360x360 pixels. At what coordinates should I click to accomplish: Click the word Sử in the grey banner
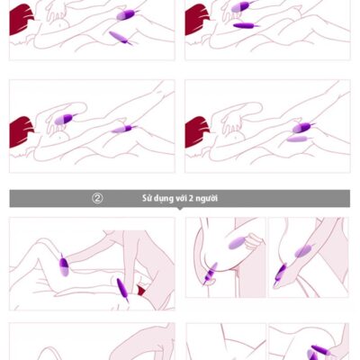pyautogui.click(x=148, y=198)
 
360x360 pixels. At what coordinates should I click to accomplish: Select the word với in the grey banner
pyautogui.click(x=181, y=198)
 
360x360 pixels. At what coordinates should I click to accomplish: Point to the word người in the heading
pyautogui.click(x=206, y=199)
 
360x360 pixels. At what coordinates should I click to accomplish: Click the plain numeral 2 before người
pyautogui.click(x=191, y=199)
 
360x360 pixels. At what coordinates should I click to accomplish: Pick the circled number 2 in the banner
pyautogui.click(x=97, y=198)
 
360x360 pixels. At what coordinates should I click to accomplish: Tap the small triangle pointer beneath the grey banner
pyautogui.click(x=180, y=209)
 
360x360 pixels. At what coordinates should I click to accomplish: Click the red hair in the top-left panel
pyautogui.click(x=22, y=20)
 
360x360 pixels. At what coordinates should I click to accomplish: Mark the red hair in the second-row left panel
pyautogui.click(x=22, y=132)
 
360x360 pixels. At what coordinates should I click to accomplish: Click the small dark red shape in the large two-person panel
pyautogui.click(x=140, y=290)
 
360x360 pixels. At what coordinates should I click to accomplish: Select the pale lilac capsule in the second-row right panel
pyautogui.click(x=298, y=139)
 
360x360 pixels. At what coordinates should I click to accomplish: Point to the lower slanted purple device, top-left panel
pyautogui.click(x=121, y=38)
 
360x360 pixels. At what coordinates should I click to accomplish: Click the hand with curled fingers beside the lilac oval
pyautogui.click(x=253, y=241)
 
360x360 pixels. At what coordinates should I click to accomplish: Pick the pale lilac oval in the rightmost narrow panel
pyautogui.click(x=303, y=251)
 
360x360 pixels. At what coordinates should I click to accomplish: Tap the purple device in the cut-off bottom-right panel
pyautogui.click(x=318, y=353)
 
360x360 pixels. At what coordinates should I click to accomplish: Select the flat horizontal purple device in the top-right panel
pyautogui.click(x=247, y=26)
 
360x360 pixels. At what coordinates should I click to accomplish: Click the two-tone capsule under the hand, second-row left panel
pyautogui.click(x=65, y=119)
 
